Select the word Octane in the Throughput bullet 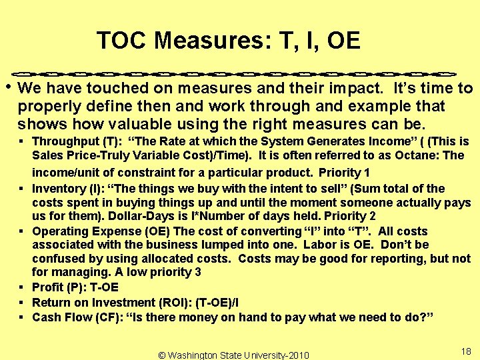(x=423, y=155)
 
